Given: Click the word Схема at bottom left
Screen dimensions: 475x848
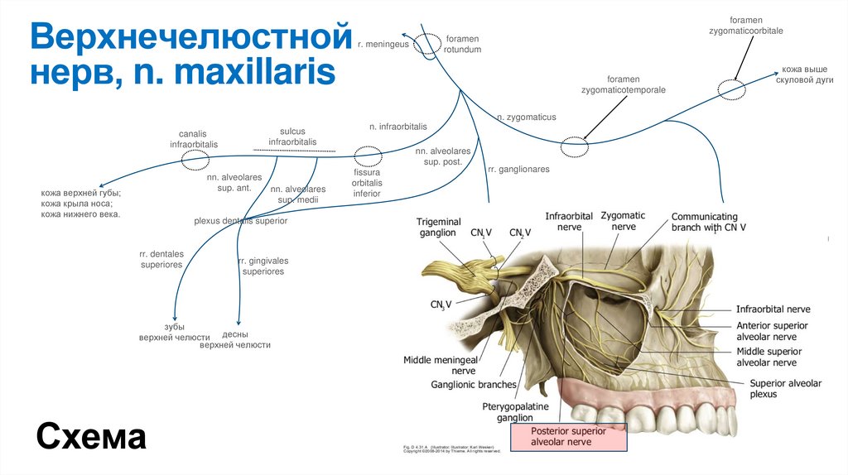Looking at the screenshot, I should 91,435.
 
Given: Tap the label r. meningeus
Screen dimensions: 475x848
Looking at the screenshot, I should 383,44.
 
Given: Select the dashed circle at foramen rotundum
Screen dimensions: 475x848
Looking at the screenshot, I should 428,43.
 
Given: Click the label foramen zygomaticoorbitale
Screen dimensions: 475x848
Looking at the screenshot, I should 745,25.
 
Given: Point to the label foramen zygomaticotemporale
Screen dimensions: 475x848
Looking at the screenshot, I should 623,84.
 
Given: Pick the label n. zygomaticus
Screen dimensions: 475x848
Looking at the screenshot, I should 526,118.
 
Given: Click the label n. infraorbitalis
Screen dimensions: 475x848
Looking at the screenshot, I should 398,127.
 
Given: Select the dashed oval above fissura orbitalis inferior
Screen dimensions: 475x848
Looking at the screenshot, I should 368,156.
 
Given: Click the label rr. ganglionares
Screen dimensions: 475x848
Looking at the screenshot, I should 518,169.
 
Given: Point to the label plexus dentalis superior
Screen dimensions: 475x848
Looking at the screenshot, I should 240,221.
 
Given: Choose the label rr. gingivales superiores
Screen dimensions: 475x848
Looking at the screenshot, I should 263,266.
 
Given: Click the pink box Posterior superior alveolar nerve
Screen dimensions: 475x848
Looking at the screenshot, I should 568,437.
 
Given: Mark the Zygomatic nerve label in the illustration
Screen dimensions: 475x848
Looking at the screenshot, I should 623,221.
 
